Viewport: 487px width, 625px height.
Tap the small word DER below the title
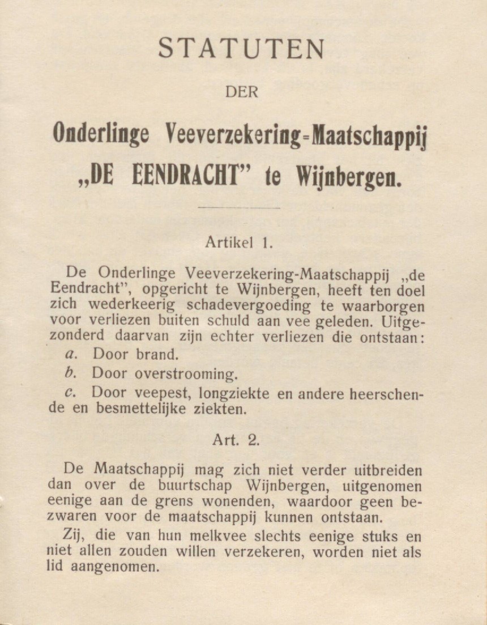[x=241, y=92]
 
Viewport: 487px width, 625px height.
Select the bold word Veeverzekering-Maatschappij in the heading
[x=298, y=135]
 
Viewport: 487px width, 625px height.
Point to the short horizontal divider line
[x=240, y=208]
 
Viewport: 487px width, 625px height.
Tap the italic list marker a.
[x=71, y=355]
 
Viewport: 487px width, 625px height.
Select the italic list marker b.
[x=70, y=373]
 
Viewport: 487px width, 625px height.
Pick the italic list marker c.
[x=71, y=392]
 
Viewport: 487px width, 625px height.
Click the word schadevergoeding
[x=249, y=306]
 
